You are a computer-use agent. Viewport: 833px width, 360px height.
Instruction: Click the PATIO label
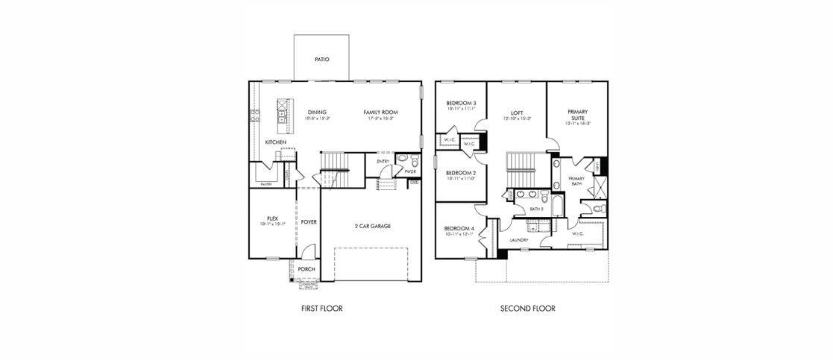point(321,59)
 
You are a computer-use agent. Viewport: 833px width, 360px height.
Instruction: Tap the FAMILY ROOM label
point(380,113)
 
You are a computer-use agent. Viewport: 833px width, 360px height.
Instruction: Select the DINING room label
point(317,113)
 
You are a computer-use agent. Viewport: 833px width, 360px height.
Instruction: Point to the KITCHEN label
point(275,142)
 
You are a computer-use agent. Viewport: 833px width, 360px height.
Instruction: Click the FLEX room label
point(272,218)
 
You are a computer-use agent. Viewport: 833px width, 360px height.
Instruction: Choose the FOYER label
point(309,221)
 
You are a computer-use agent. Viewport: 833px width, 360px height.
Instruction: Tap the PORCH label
point(307,269)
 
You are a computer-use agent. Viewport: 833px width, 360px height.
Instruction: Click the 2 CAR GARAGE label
point(372,226)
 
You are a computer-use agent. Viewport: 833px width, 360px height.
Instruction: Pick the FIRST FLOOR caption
point(321,308)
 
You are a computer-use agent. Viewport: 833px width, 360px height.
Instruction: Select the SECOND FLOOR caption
point(527,308)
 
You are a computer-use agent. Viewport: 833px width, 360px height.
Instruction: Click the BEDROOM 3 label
point(461,103)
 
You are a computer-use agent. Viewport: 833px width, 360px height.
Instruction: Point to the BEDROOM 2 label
point(461,173)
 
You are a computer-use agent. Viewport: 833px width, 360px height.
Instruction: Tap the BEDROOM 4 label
point(459,228)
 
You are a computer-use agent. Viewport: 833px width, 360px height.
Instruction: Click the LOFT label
point(517,113)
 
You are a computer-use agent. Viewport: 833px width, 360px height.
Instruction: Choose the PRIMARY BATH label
point(576,181)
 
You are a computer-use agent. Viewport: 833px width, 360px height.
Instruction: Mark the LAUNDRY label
point(519,240)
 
